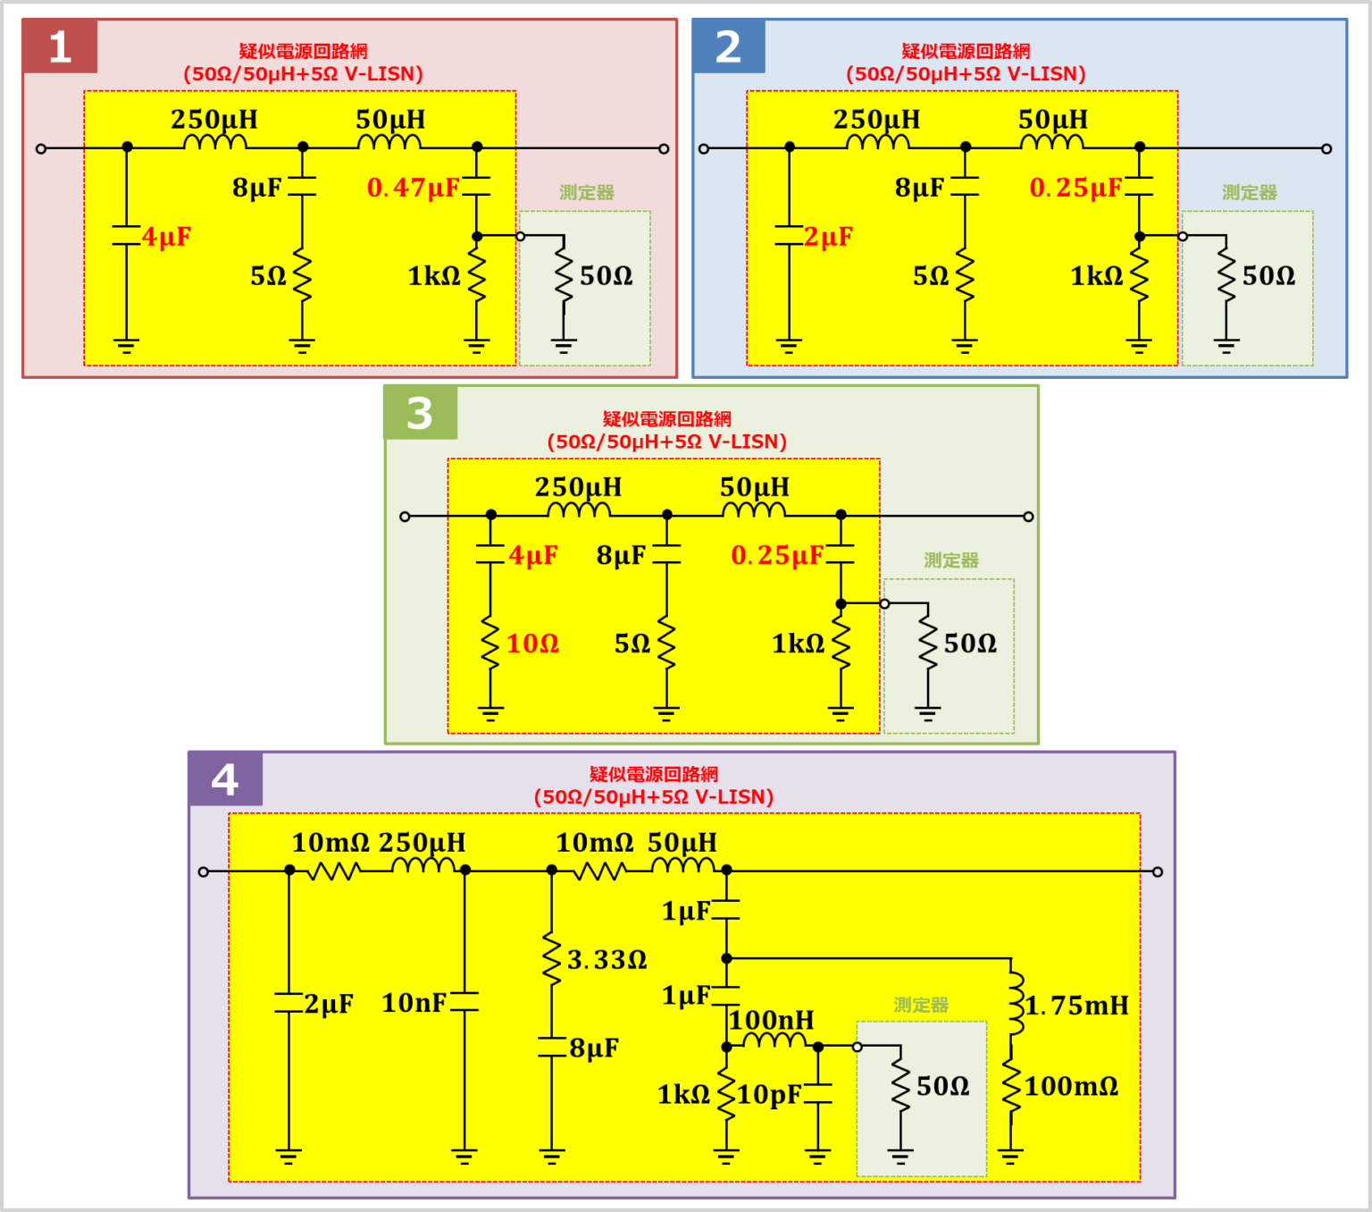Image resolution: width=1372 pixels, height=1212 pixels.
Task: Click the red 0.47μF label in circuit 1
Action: [x=413, y=188]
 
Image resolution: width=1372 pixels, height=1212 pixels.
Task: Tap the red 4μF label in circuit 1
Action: [x=166, y=237]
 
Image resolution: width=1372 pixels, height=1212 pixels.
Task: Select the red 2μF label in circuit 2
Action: [x=828, y=237]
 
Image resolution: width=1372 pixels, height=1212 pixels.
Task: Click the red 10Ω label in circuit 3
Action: [x=532, y=644]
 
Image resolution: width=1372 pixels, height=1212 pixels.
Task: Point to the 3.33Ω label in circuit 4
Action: [x=607, y=960]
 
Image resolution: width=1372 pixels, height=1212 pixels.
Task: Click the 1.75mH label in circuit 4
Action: [x=1076, y=1006]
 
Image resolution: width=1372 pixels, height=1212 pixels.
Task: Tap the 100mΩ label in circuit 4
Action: [x=1071, y=1087]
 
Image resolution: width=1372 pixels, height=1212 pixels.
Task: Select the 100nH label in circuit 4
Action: [x=772, y=1020]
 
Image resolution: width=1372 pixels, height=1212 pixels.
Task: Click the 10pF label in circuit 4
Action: [x=768, y=1095]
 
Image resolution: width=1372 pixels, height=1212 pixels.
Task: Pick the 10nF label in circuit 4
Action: [x=414, y=1004]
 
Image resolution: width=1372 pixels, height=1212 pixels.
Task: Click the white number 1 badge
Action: [x=60, y=46]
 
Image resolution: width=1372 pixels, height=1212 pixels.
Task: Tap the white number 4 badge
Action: [x=225, y=779]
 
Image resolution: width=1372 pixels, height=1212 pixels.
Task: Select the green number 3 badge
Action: [x=420, y=413]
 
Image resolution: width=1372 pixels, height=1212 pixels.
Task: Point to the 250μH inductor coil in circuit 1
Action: [x=214, y=142]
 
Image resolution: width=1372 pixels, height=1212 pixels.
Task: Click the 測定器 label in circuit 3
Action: [x=951, y=560]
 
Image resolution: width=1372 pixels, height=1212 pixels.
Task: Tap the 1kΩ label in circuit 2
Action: [x=1096, y=276]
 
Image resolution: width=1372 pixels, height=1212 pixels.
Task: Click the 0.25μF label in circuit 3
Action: [x=776, y=556]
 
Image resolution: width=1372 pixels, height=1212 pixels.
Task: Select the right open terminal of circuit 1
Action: [x=664, y=148]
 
